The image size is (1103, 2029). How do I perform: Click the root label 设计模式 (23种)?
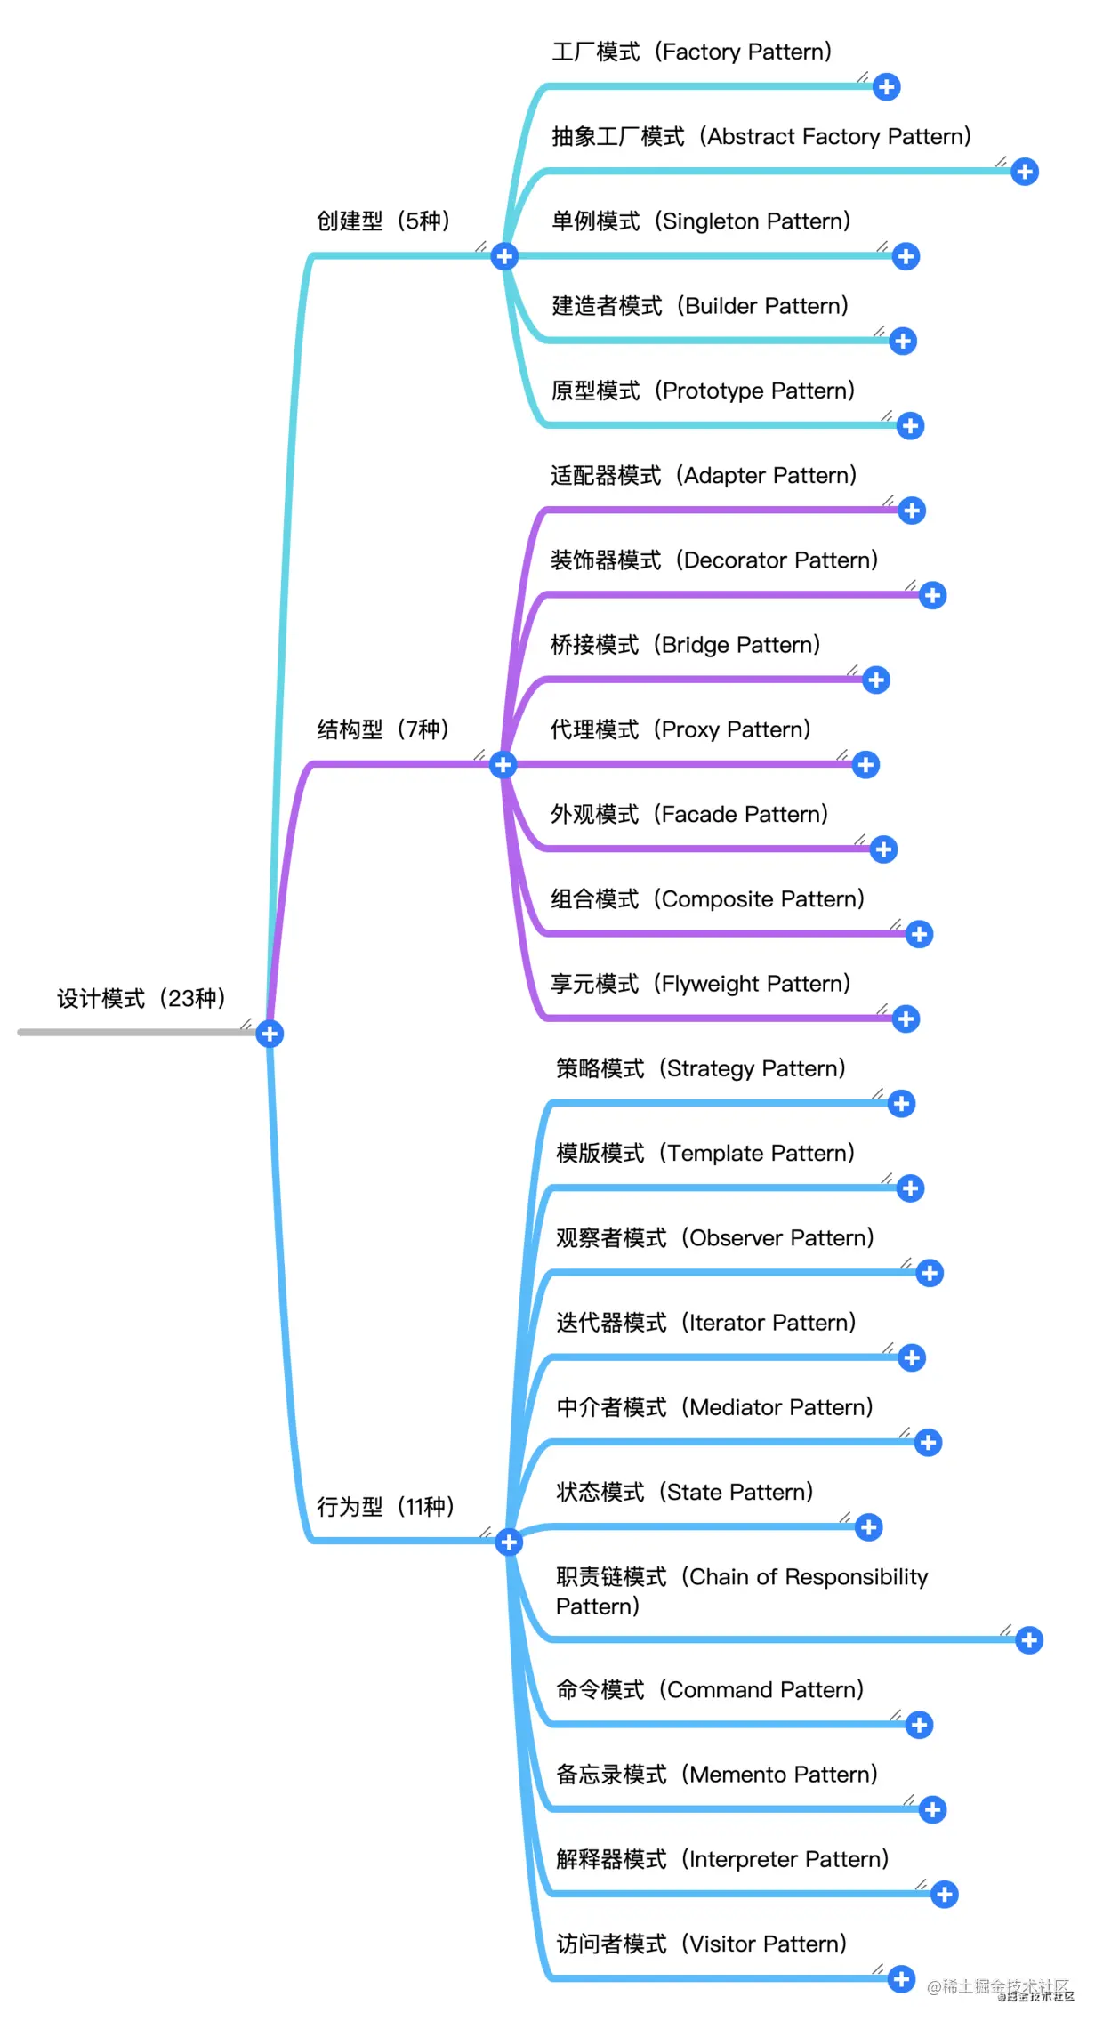pos(141,999)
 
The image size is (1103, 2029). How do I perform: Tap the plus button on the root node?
pos(270,1034)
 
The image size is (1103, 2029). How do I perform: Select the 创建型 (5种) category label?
pos(383,221)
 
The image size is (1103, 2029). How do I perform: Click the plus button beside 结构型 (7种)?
pos(503,764)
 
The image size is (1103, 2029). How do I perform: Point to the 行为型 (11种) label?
pos(385,1507)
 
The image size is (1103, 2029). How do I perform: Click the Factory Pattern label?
pos(692,52)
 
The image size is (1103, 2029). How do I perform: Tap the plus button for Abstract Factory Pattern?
pos(1025,172)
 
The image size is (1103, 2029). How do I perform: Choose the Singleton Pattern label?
pos(701,221)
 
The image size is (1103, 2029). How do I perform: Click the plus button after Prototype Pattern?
pos(910,426)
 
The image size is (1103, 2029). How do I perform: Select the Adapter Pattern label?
pos(704,475)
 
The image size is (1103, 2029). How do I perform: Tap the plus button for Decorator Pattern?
pos(932,595)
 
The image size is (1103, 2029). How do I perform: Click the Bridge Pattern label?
pos(686,645)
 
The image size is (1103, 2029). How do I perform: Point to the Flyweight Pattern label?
pos(701,984)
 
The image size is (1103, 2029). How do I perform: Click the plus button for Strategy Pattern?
pos(901,1104)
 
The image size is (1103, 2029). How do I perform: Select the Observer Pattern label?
pos(715,1238)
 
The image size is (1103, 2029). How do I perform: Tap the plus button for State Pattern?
pos(868,1527)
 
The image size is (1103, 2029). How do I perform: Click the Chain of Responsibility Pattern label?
pos(741,1591)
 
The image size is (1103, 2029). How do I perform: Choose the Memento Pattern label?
pos(717,1775)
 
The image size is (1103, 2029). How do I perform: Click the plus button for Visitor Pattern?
pos(901,1979)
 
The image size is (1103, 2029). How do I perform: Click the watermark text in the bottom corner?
pos(1000,1988)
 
